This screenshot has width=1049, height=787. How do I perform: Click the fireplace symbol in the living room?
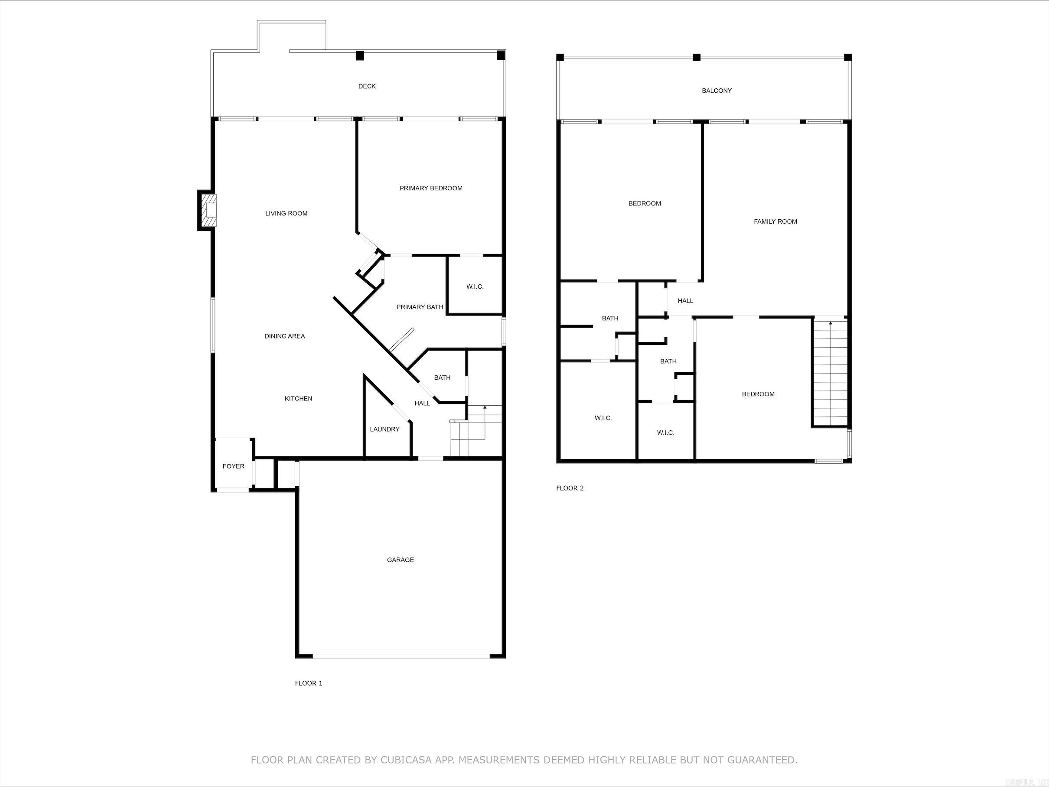tap(208, 211)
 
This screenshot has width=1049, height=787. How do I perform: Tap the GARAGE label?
tap(400, 560)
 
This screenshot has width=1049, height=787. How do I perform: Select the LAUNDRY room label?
tap(384, 429)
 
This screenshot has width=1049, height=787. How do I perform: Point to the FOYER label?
tap(233, 466)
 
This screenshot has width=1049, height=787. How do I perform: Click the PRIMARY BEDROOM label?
tap(430, 188)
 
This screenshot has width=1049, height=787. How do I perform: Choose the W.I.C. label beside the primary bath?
tap(475, 287)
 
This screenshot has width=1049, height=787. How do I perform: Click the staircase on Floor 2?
tap(831, 372)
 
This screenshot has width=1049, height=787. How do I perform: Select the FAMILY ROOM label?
tap(775, 221)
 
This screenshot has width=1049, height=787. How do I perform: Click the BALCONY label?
tap(717, 91)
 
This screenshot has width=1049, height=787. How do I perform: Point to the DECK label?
tap(367, 86)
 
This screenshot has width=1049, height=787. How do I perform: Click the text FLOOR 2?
tap(570, 488)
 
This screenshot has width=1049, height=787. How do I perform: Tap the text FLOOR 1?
tap(308, 683)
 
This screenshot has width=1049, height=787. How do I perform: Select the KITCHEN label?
tap(298, 399)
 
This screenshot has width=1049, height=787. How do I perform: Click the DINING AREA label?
tap(284, 336)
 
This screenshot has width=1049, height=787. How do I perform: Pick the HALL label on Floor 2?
tap(685, 301)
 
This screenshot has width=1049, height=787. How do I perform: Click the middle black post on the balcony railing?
tap(697, 57)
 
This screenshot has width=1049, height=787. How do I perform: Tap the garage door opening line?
tap(401, 656)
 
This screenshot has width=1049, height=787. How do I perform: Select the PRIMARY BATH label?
tap(420, 307)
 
